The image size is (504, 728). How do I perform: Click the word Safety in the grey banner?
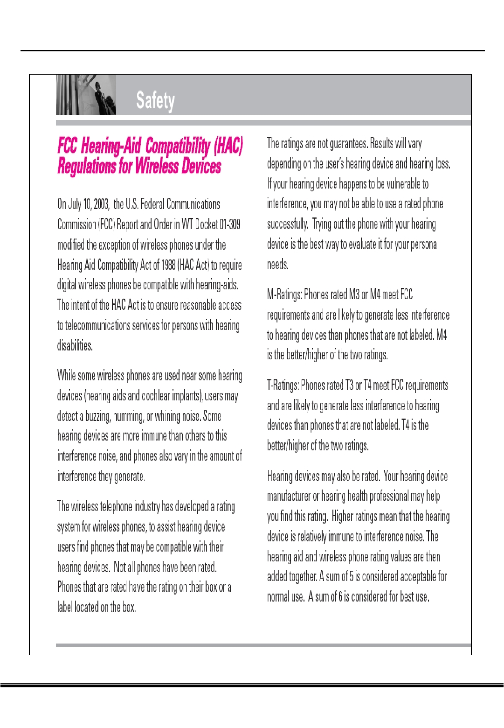(155, 100)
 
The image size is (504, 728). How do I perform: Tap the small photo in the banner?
(86, 95)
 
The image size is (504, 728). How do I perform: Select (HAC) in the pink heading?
(228, 146)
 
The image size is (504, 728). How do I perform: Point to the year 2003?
(101, 204)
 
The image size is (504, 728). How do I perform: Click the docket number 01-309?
(230, 224)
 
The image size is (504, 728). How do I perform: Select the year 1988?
(168, 265)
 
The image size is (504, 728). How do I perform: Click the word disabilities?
(75, 346)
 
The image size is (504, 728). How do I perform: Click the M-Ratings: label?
(284, 294)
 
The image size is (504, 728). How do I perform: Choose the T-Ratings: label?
(283, 385)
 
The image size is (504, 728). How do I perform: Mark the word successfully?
(287, 224)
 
